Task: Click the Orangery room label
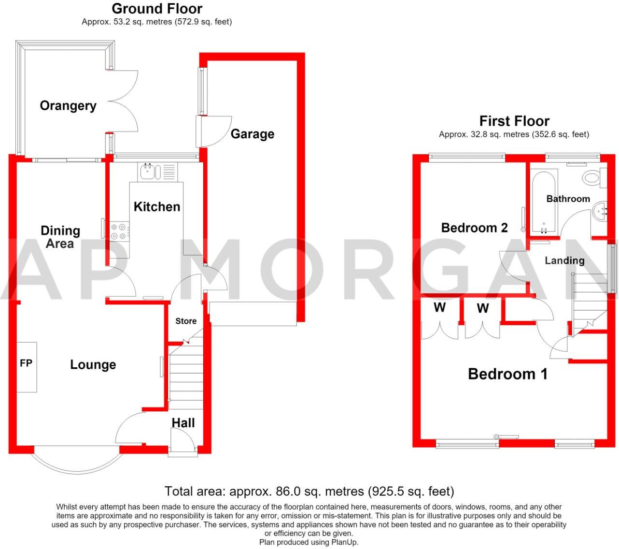click(68, 106)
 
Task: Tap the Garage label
click(253, 134)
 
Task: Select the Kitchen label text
click(157, 207)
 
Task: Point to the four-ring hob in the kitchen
click(119, 231)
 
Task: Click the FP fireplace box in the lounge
click(27, 367)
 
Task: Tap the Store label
click(186, 321)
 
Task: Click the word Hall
click(183, 423)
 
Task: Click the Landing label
click(564, 260)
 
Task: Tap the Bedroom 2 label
click(475, 228)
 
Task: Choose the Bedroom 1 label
click(507, 374)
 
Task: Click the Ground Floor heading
click(157, 9)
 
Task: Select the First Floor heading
click(515, 121)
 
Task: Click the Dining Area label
click(60, 237)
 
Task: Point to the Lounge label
click(93, 364)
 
